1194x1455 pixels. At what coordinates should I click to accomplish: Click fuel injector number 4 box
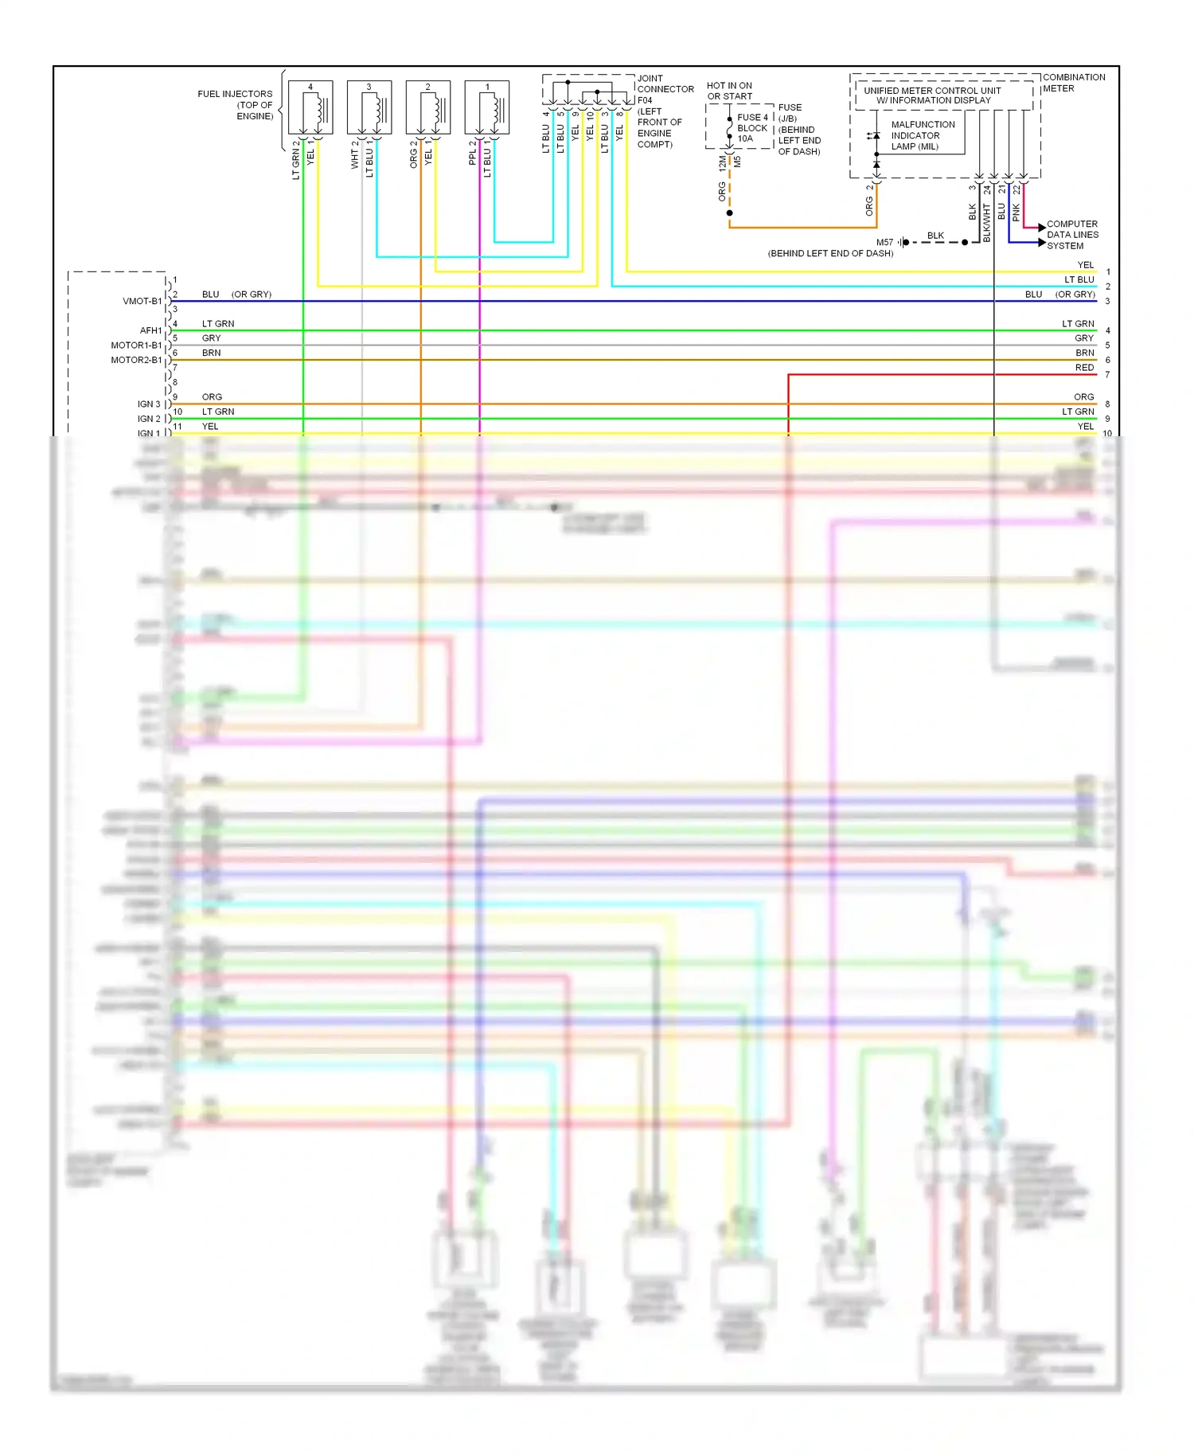pos(310,107)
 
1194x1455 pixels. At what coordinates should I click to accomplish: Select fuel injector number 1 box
pos(487,107)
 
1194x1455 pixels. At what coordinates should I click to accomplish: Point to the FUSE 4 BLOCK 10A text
pos(751,127)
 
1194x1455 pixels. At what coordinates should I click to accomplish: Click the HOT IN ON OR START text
pos(729,91)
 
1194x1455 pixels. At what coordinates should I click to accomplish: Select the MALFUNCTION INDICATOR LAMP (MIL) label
pos(922,135)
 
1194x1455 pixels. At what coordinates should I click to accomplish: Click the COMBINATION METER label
pos(1073,83)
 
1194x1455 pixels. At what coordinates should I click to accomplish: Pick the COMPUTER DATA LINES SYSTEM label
pos(1071,235)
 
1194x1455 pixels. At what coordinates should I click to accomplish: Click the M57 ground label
pos(884,242)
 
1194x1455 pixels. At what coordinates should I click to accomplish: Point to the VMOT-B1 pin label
pos(142,301)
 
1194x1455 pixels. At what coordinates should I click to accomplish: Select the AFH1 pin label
pos(150,330)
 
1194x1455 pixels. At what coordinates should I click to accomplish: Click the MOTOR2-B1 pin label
pos(136,360)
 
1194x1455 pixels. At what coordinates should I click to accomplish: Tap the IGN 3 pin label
pos(148,404)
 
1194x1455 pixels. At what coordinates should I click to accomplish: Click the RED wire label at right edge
pos(1084,368)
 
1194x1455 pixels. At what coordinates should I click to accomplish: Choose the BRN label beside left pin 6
pos(211,353)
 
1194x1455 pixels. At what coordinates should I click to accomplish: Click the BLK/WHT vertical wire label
pos(987,223)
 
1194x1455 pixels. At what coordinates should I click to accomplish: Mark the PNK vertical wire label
pos(1016,213)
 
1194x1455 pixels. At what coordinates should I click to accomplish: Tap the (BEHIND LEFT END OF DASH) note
pos(830,253)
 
